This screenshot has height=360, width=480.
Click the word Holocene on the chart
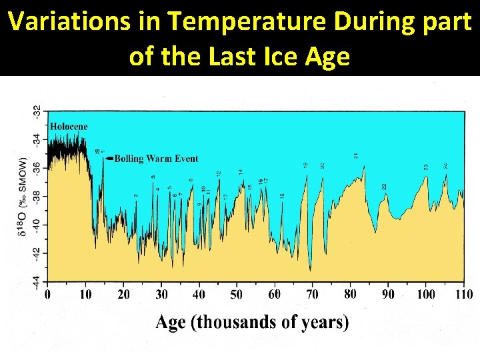point(69,127)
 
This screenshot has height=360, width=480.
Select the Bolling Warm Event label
point(156,159)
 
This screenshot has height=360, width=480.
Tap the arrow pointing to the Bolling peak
point(109,159)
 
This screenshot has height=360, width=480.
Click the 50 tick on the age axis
point(237,294)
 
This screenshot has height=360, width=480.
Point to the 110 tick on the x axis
point(464,294)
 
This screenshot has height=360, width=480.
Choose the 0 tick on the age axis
point(47,294)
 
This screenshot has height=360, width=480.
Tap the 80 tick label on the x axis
point(350,294)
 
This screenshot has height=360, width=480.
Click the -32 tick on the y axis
point(37,111)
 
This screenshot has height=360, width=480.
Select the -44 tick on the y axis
point(37,281)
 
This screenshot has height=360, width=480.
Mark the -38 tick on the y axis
point(37,196)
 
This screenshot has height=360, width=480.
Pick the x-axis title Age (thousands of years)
point(253,323)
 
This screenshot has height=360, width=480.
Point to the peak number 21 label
point(356,155)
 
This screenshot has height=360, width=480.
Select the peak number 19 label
point(306,165)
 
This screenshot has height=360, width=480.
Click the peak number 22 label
point(384,187)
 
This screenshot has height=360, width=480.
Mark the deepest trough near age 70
point(310,269)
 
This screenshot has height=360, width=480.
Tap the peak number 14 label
point(241,172)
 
